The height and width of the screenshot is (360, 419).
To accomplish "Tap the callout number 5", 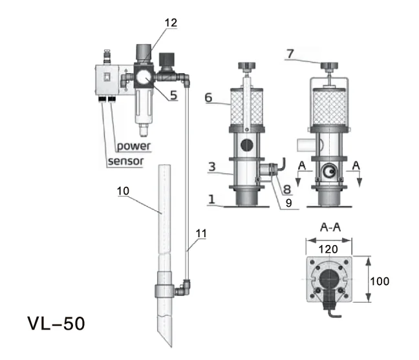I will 174,96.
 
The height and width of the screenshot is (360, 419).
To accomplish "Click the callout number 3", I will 211,167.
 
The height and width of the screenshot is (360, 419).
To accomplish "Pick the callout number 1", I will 211,201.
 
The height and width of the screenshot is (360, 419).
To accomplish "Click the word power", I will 133,146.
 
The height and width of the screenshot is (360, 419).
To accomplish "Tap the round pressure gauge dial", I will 144,79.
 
